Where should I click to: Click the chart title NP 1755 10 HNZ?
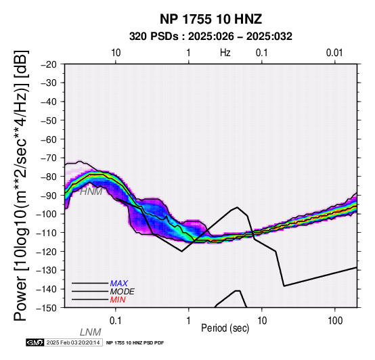point(211,19)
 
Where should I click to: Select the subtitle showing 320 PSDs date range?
point(211,37)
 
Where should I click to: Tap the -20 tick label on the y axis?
point(49,64)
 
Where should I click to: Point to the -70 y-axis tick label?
point(49,158)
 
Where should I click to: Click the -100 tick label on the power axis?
point(47,215)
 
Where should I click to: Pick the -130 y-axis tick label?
point(47,271)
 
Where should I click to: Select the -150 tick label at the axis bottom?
point(47,308)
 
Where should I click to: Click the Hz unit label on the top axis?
point(225,53)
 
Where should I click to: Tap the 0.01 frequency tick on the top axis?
point(334,53)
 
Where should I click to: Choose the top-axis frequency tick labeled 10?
point(116,53)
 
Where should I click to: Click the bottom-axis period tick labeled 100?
point(335,321)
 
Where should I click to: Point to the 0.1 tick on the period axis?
point(116,321)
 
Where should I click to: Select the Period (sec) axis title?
point(225,328)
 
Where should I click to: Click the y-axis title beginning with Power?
point(20,185)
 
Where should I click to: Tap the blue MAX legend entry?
point(119,284)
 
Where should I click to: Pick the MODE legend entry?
point(123,292)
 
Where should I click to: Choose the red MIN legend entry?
point(118,300)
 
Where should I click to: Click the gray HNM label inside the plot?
point(91,192)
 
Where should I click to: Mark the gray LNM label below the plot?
point(91,332)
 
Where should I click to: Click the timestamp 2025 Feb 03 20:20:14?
point(73,343)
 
